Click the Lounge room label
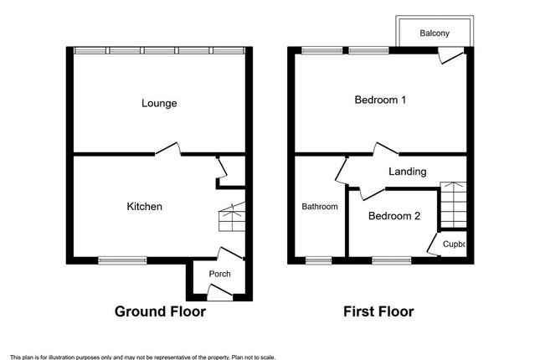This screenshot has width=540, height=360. [159, 104]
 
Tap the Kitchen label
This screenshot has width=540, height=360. [144, 206]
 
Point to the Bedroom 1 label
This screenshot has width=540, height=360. [380, 100]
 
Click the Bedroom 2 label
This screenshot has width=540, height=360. [394, 215]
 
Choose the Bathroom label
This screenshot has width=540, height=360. [320, 207]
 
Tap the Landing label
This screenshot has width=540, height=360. [408, 172]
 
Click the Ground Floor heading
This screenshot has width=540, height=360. [160, 312]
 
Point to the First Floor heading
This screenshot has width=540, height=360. [378, 312]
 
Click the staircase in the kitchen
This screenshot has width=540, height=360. [229, 218]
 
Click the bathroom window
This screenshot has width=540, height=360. [317, 260]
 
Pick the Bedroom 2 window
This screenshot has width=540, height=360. [385, 260]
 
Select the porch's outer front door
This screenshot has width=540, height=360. [219, 291]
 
